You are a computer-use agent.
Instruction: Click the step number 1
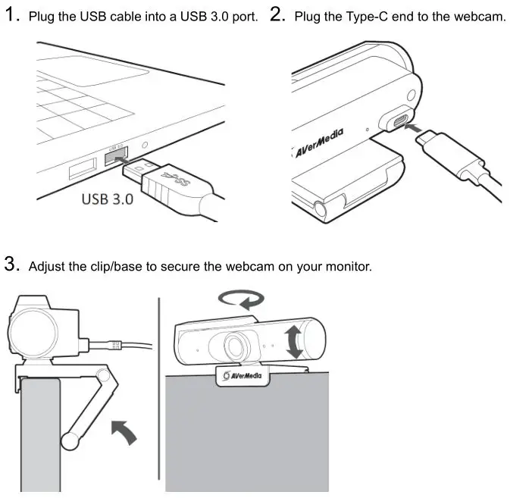[11, 15]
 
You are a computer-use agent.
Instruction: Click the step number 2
[277, 15]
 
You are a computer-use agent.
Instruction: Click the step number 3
[11, 265]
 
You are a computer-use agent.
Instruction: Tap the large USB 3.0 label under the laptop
[107, 199]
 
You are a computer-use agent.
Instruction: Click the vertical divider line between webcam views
[159, 387]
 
